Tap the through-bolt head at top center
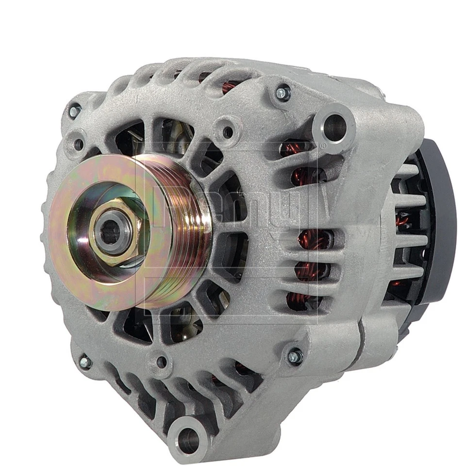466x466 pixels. [283, 92]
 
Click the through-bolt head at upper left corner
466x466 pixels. [74, 112]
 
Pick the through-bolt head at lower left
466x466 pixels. [85, 362]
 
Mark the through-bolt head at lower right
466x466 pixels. [295, 357]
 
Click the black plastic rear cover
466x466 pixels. [439, 218]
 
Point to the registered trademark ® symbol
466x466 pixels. [322, 146]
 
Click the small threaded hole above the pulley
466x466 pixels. [227, 132]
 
